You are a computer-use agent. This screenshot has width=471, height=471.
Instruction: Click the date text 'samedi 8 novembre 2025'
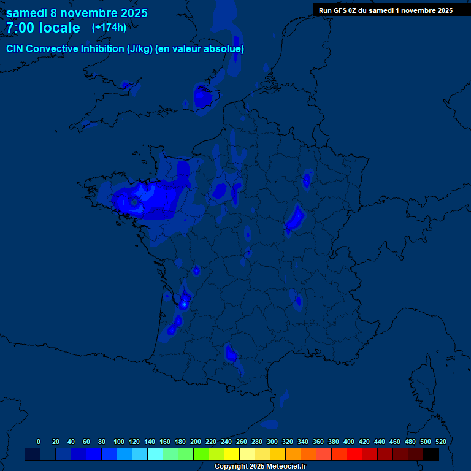(77, 13)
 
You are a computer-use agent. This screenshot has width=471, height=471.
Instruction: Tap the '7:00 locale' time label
(43, 28)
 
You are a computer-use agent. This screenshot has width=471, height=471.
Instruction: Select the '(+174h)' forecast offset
(109, 28)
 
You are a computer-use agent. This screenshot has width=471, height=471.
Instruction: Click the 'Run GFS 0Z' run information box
(386, 10)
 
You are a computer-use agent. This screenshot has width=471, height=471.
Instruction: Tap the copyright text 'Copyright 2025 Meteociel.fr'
(260, 467)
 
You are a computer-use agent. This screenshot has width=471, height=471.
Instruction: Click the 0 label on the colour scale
(39, 442)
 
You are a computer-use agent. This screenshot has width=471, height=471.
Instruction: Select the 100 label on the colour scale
(119, 442)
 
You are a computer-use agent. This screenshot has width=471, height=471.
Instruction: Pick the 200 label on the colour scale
(196, 442)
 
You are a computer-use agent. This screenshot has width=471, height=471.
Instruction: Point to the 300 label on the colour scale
(272, 442)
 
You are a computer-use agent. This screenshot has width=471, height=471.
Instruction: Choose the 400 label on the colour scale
(349, 442)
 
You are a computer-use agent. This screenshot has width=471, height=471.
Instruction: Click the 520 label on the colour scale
(440, 442)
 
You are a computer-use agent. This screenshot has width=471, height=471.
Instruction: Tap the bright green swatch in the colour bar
(201, 454)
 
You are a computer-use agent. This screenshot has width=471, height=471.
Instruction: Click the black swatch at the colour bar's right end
(431, 454)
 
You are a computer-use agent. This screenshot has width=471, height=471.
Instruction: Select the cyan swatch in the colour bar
(155, 454)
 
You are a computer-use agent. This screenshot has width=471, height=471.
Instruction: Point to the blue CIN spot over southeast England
(202, 96)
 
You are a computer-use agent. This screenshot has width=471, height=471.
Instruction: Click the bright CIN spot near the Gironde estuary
(183, 301)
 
